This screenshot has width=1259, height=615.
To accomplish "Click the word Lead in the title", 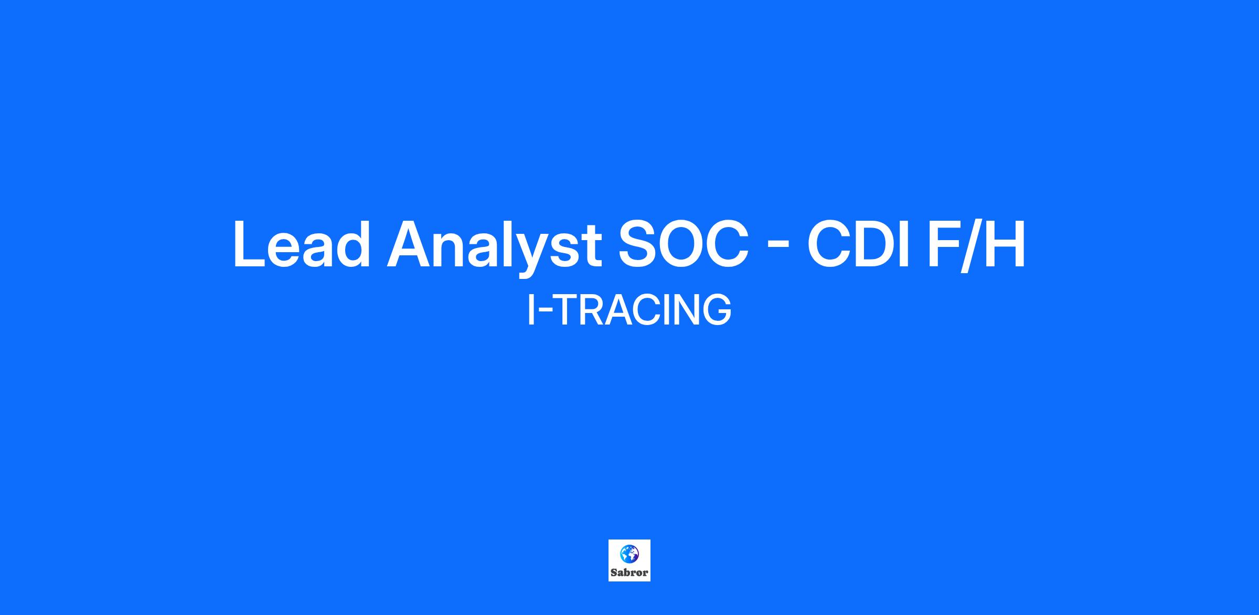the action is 302,245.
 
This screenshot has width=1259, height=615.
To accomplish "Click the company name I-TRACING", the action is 629,310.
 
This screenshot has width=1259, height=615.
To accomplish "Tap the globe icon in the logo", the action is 629,553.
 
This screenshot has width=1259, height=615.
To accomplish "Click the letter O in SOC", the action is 684,245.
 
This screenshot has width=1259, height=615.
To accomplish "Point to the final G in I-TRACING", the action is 717,310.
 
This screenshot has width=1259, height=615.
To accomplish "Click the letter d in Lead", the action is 353,245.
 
